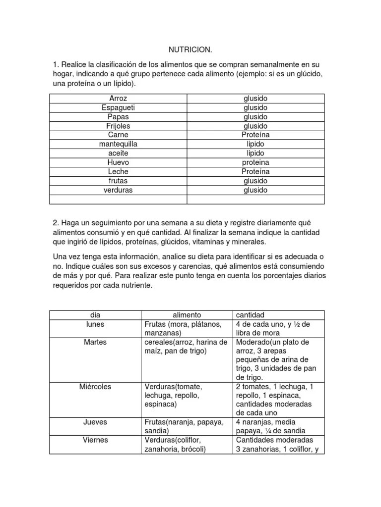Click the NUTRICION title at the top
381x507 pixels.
[190, 50]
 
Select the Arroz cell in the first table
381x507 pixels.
[118, 99]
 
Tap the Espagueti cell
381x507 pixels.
[118, 107]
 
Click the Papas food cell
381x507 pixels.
[118, 117]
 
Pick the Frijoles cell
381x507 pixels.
[118, 126]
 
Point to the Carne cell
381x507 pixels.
[118, 135]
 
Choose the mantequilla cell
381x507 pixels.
[118, 144]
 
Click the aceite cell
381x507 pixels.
[118, 153]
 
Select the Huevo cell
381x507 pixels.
[118, 162]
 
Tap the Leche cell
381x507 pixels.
[118, 171]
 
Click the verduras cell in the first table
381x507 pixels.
[118, 190]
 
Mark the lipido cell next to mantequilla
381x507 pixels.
[255, 144]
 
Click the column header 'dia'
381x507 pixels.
[95, 315]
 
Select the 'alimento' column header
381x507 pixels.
[187, 315]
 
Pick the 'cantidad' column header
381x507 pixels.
[250, 315]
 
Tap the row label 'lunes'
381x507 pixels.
[95, 324]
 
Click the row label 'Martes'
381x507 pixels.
[95, 342]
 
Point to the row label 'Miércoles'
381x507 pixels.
[95, 386]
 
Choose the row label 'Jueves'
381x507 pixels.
[95, 422]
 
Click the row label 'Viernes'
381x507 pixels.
[95, 440]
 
